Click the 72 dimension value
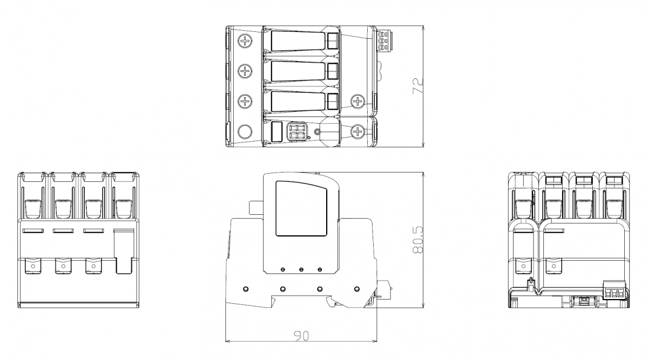417,86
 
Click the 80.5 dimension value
417,240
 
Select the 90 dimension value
301,336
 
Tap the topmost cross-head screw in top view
245,41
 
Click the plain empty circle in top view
245,132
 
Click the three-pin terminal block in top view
383,42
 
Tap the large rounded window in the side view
301,208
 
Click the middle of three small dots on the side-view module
301,269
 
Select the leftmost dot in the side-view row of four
246,289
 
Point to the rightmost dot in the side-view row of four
357,289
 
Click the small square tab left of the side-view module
256,208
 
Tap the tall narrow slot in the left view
124,252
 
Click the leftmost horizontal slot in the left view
33,231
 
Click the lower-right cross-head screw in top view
358,132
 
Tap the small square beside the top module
333,41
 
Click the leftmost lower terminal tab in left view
33,266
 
